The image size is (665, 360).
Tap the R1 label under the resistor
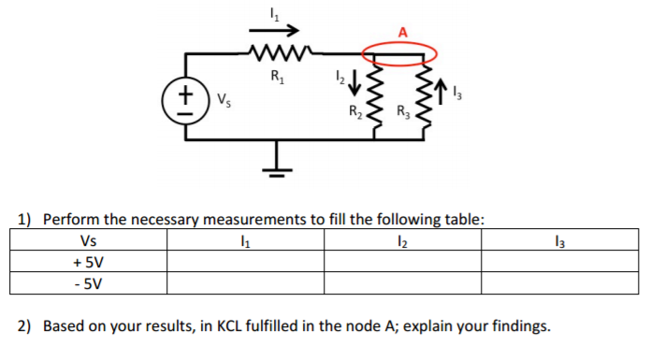(x=278, y=77)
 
